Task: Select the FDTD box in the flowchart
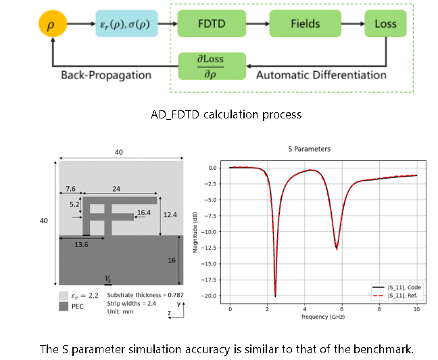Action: pyautogui.click(x=208, y=24)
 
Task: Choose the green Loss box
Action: pyautogui.click(x=385, y=24)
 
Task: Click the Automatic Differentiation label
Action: pyautogui.click(x=322, y=74)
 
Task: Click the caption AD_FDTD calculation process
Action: pyautogui.click(x=225, y=114)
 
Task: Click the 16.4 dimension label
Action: pyautogui.click(x=143, y=212)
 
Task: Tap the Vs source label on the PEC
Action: pyautogui.click(x=108, y=278)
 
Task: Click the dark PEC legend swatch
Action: pyautogui.click(x=64, y=306)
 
